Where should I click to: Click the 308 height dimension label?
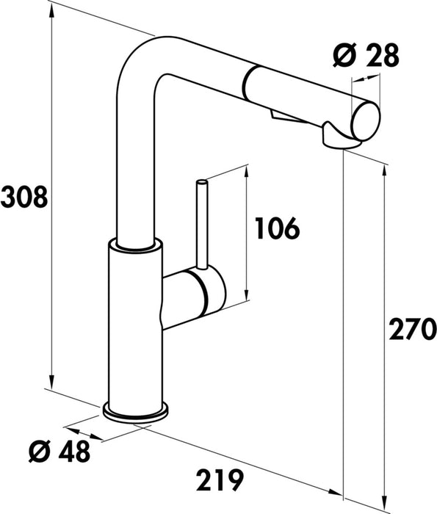(24, 197)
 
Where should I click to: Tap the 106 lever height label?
(277, 229)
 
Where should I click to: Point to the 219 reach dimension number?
(220, 480)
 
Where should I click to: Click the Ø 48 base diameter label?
(62, 451)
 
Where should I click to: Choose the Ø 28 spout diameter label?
(366, 54)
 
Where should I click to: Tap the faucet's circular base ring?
(137, 413)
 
